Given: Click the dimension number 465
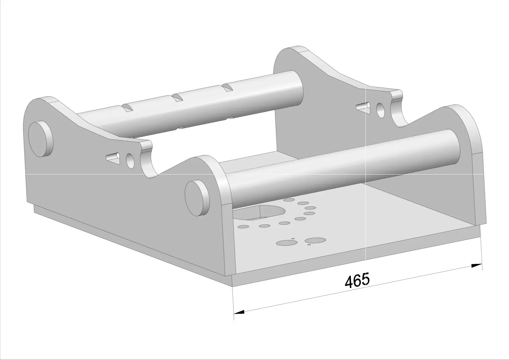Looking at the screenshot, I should coord(357,280).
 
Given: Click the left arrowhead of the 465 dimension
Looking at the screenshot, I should coord(239,312).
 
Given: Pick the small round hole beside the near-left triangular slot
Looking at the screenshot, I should coord(130,161).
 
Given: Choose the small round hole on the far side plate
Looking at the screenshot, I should coord(380,110).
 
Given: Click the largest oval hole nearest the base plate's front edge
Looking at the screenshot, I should coord(315,240).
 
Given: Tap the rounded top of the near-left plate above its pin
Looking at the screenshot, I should coord(44,100).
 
